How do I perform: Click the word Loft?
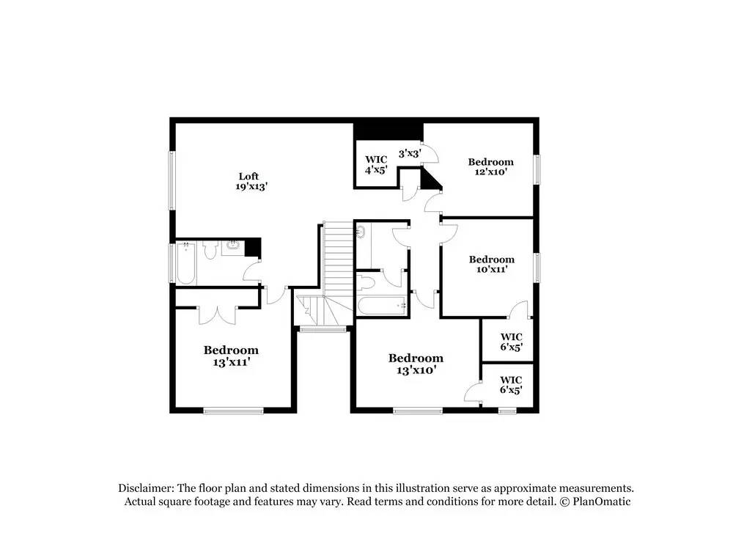coord(248,176)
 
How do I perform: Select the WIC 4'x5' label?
coord(376,165)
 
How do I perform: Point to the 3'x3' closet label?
coord(409,154)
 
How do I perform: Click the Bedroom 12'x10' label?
coord(490,166)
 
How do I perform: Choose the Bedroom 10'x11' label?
coord(491,264)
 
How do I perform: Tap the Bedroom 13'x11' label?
coord(231,356)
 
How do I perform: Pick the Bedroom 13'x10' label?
coord(416,364)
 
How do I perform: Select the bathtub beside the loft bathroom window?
coord(185,264)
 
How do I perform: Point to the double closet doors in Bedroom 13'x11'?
coord(217,314)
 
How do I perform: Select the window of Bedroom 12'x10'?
coord(537,169)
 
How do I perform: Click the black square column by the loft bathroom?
coord(253,247)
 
